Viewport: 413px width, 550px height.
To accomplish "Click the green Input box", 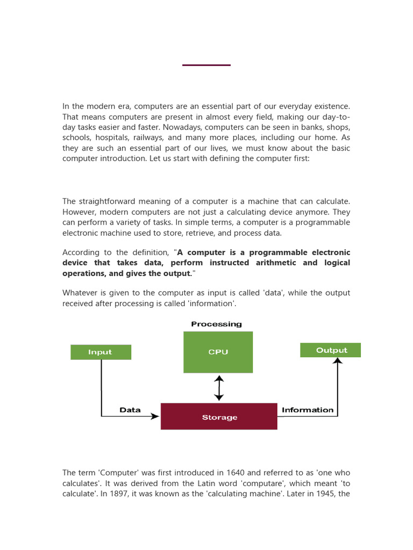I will (x=101, y=352).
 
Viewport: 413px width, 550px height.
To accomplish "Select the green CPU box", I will (x=218, y=352).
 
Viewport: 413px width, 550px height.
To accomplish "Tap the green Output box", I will (x=330, y=350).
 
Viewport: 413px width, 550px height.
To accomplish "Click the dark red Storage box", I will (x=219, y=417).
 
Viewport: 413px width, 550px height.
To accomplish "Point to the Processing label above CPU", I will (x=216, y=324).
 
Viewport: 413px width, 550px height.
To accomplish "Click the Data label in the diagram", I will (x=130, y=410).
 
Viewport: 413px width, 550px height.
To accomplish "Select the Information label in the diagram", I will (x=307, y=410).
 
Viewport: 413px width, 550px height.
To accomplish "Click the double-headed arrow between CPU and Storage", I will (x=218, y=388).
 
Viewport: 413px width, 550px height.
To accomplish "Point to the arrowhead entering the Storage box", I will (x=155, y=416).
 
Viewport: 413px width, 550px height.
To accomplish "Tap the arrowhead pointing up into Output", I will (x=337, y=361).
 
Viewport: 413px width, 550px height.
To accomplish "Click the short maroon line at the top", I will (x=206, y=65).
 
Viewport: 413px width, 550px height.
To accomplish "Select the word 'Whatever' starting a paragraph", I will (x=80, y=293).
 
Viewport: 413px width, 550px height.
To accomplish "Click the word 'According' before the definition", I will (x=81, y=252).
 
